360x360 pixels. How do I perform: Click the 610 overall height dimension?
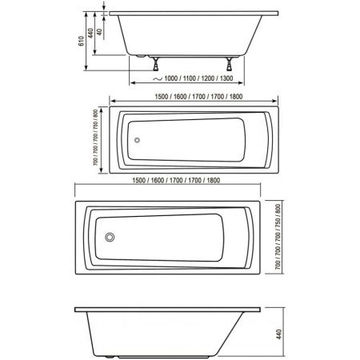coord(81,41)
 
